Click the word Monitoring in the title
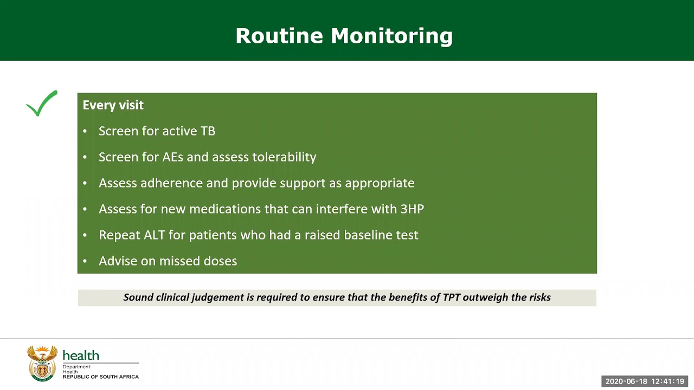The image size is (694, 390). coord(391,36)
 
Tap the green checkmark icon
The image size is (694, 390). coord(42,103)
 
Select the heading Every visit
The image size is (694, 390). coord(113,105)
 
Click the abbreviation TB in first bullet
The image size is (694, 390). coord(208,131)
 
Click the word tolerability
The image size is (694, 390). coord(284,157)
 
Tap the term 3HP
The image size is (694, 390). coord(412,209)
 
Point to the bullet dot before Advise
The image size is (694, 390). coord(85,261)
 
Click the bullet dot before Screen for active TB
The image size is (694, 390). coord(85,131)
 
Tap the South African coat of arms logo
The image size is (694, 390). coord(42,363)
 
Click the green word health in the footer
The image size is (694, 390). coord(81,355)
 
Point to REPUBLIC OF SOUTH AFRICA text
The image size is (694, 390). coord(101,376)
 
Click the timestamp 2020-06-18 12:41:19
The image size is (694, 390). coord(645,381)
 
